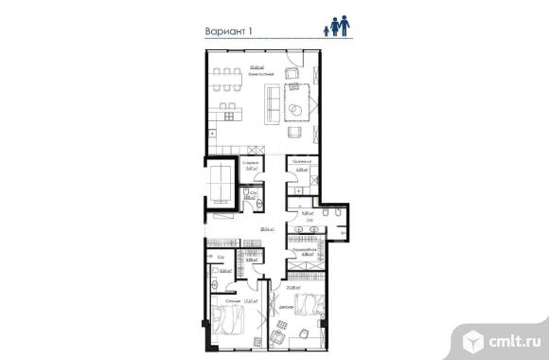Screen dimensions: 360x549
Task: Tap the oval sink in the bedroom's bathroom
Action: (216, 271)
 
